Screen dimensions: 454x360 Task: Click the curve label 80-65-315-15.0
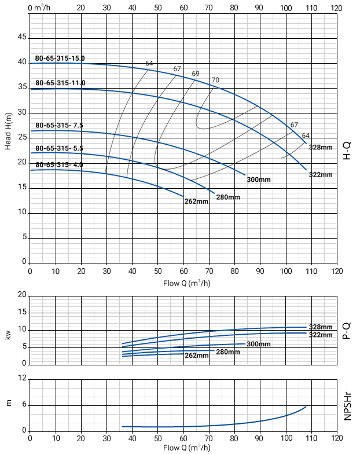click(x=60, y=58)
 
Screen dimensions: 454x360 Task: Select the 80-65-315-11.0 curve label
click(x=60, y=83)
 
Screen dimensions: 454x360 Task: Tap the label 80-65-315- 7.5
click(x=60, y=125)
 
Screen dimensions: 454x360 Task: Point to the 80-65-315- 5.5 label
click(x=60, y=148)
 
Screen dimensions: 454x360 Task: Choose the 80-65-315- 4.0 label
click(x=60, y=165)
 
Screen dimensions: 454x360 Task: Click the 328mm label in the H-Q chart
click(x=321, y=148)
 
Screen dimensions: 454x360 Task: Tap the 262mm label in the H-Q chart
click(x=196, y=202)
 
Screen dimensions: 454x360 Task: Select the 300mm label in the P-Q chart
click(x=259, y=345)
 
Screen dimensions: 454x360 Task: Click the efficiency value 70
click(x=215, y=80)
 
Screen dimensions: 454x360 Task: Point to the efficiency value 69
click(x=196, y=74)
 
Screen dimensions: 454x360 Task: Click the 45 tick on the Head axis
click(x=22, y=37)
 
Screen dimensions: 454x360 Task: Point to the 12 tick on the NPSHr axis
click(x=22, y=378)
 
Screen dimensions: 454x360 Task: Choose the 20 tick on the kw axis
click(x=22, y=295)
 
